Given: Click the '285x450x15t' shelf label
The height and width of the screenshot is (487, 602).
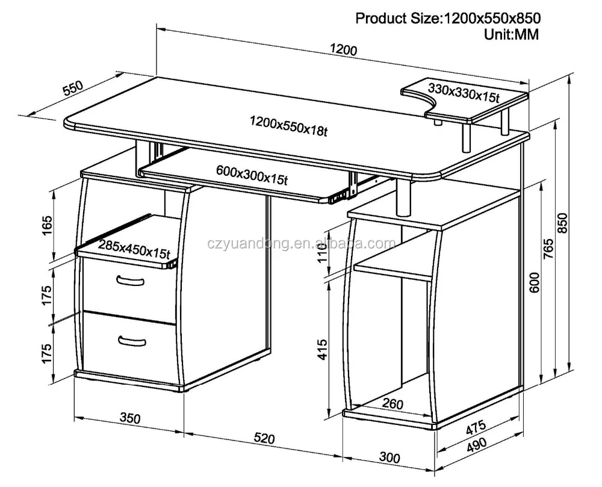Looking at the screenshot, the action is (x=134, y=247).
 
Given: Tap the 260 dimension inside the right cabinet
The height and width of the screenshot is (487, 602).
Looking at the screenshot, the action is (x=392, y=405).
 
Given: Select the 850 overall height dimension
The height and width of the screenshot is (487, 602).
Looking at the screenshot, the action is (x=563, y=223).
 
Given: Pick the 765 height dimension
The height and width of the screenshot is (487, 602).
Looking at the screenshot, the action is (x=548, y=249).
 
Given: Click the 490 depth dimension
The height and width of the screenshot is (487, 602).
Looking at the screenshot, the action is (x=481, y=444).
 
